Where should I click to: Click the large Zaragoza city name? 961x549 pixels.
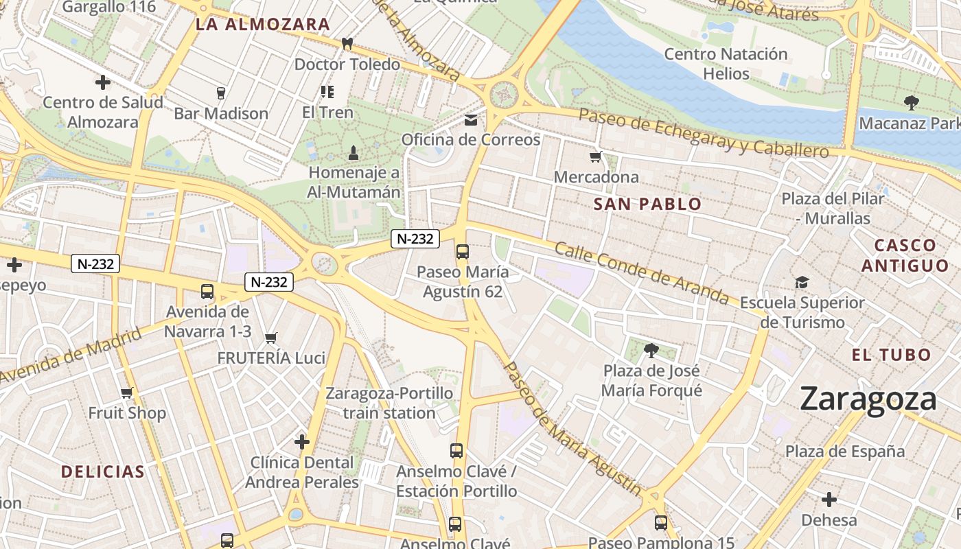point(868,399)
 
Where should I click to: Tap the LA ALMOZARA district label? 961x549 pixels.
point(263,25)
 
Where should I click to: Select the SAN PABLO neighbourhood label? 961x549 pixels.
point(647,204)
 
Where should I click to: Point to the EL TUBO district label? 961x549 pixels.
point(891,355)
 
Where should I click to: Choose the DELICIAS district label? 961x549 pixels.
point(103,471)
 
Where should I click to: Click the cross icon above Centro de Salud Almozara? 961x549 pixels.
point(103,83)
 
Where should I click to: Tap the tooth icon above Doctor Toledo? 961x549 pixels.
point(347,44)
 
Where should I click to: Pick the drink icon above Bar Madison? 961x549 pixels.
point(220,93)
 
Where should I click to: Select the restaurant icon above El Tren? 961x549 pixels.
point(327,91)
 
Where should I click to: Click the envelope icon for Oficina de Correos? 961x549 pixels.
point(471,120)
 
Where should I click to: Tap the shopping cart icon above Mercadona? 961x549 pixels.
point(596,157)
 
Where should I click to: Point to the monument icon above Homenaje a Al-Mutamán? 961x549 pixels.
point(354,152)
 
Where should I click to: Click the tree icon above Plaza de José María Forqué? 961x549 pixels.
point(651,351)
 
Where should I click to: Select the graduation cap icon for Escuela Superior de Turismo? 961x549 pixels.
point(802,283)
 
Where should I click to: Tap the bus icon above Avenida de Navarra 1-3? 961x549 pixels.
point(207,292)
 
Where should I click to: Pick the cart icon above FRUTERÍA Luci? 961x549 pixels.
point(271,338)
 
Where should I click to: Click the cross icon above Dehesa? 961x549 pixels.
point(829,500)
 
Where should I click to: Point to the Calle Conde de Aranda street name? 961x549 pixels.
point(641,272)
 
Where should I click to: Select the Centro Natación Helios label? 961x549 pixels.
point(726,63)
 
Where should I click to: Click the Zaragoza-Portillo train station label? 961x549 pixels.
point(389,403)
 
